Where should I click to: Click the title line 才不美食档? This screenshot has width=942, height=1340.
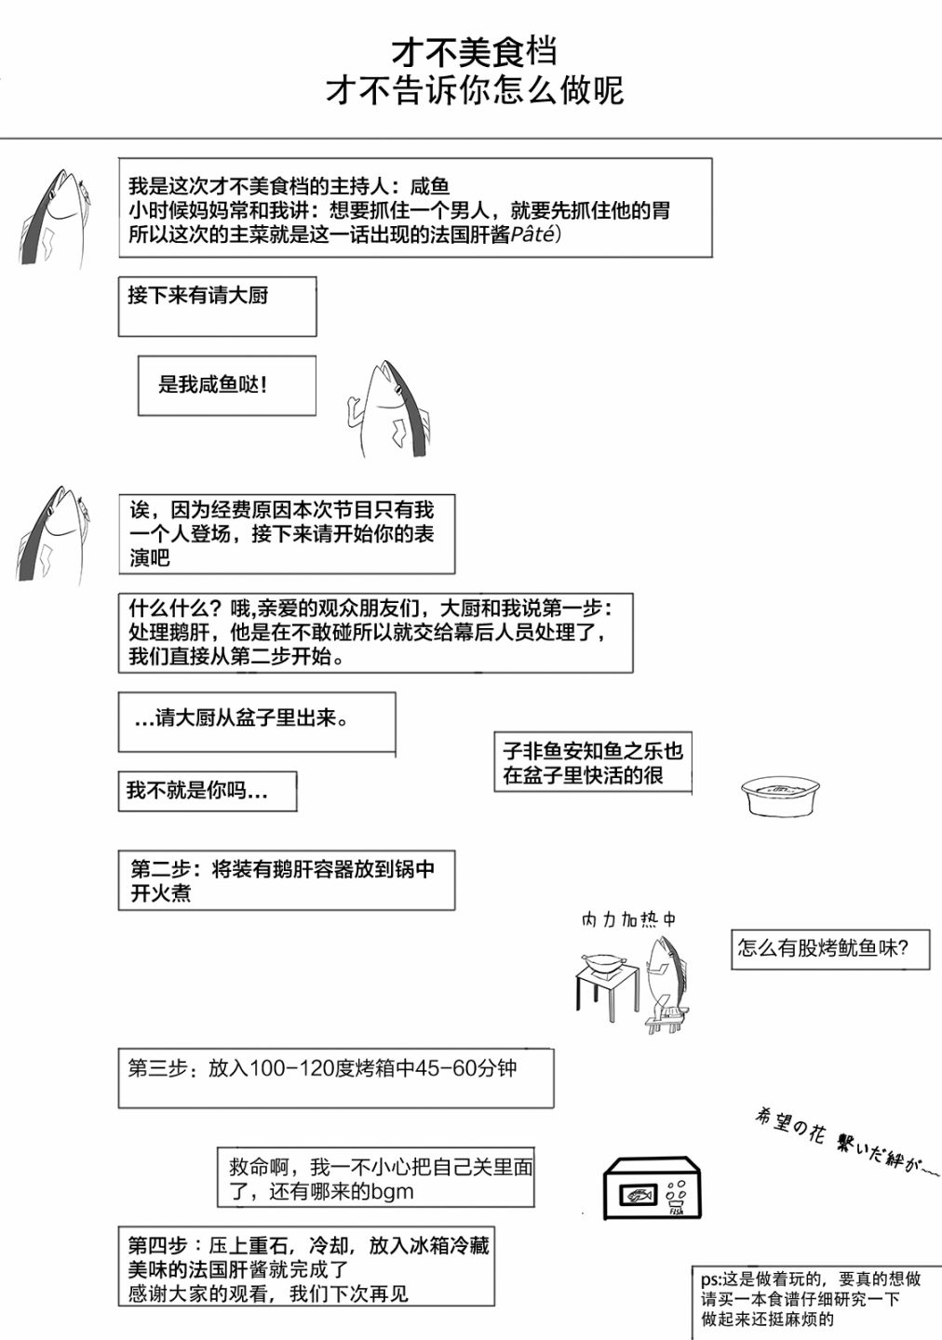point(474,53)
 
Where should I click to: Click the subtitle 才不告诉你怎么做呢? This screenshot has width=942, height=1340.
point(474,91)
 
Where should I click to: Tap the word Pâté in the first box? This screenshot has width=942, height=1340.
point(533,234)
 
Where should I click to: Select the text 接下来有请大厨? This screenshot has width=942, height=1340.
point(197,296)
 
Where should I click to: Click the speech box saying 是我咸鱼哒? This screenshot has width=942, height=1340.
point(226,384)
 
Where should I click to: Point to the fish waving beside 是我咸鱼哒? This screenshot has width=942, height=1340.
point(391,409)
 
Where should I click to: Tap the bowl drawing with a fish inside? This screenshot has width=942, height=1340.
point(780,795)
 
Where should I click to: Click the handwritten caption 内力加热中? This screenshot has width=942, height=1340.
point(628,919)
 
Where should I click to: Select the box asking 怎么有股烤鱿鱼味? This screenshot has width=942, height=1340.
point(829,948)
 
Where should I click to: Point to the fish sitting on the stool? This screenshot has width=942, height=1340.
point(666,982)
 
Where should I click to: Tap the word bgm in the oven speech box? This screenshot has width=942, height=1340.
point(392,1192)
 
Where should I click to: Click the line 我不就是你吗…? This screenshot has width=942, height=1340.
point(197,791)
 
